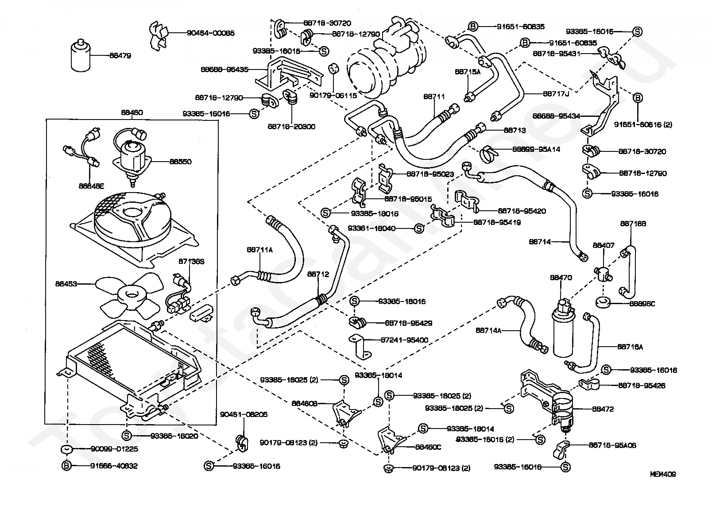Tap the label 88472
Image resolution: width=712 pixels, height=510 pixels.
tap(603, 410)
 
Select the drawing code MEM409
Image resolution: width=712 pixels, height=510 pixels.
tap(662, 474)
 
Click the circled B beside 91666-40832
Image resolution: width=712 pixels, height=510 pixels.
tap(66, 466)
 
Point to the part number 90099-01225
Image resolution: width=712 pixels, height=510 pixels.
tap(114, 449)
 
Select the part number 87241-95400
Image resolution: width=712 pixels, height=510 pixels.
tap(404, 340)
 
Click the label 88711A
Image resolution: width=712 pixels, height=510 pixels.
tap(259, 250)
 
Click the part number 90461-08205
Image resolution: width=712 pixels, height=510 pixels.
tap(244, 415)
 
